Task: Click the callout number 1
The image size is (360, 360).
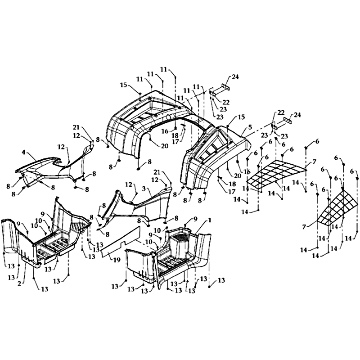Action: [x=209, y=220]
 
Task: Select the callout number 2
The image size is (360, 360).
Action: [x=19, y=283]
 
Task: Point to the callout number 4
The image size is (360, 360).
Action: [x=24, y=152]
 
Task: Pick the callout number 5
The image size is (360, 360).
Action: [x=250, y=127]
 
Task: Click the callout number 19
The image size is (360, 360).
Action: [x=117, y=260]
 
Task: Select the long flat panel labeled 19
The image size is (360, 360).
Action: [x=121, y=241]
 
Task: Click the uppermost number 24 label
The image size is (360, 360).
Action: [x=235, y=77]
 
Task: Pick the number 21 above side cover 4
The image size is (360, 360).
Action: [x=76, y=127]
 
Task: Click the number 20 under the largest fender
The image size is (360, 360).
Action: [x=164, y=146]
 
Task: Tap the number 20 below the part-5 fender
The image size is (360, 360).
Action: [x=238, y=175]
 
